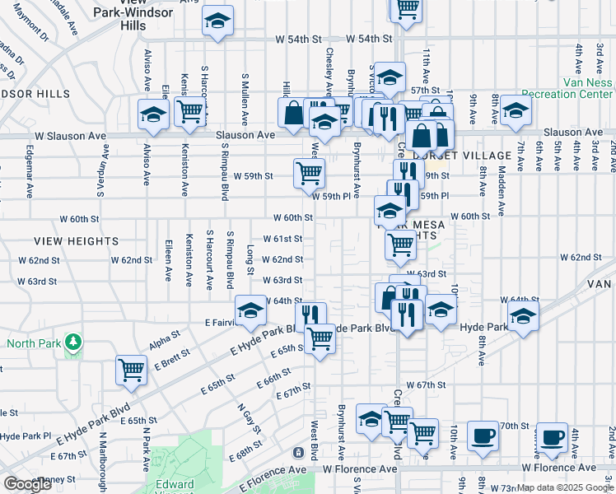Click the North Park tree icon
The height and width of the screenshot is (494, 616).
click(73, 341)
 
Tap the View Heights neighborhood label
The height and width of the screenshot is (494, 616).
click(77, 241)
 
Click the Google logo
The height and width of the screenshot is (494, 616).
click(27, 484)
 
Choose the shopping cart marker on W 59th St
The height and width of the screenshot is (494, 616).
click(309, 173)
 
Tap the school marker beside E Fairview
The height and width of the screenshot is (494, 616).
click(250, 310)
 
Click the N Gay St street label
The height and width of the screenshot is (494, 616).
click(250, 419)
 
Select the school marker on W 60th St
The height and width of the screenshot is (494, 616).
click(389, 211)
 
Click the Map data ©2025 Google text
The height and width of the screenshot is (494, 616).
click(564, 487)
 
